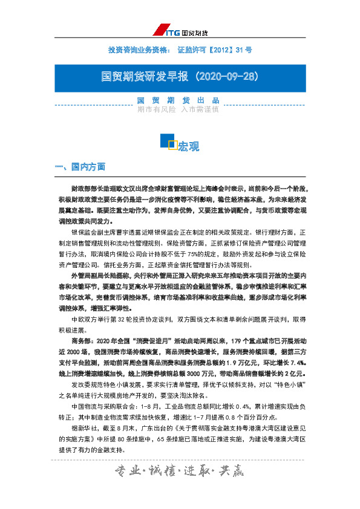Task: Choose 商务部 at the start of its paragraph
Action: pos(81,340)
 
